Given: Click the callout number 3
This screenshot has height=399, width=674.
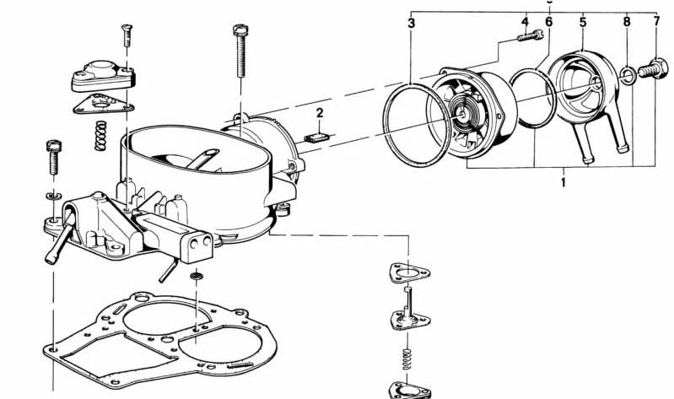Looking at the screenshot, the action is coord(412,23).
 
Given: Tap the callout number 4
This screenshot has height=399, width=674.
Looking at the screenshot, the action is coord(525,22).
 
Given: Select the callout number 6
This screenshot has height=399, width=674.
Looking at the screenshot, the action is coord(548,21).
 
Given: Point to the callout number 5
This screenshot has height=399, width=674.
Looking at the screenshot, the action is coord(583,21).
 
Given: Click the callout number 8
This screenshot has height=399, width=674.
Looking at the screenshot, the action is coord(627,21).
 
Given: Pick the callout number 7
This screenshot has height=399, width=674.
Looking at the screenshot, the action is coord(656,20).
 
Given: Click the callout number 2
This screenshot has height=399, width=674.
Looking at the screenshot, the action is coord(320,113).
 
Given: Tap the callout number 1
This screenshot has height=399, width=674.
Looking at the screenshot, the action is coord(563,182).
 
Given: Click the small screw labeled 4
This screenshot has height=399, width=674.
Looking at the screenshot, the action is coord(531,35).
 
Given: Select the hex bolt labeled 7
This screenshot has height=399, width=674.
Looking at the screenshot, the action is coord(653,68).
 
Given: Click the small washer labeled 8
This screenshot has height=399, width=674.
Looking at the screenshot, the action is coord(628,76).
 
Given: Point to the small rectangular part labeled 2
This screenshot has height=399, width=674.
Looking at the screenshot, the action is coord(317,137).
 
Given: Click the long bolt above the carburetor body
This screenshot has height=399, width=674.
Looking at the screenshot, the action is coord(240,51).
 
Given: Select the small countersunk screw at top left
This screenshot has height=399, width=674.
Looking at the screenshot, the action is coord(127,35).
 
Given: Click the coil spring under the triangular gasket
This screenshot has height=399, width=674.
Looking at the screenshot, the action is coord(100,136).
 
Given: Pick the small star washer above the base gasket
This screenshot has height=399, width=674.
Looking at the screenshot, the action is coord(197,275).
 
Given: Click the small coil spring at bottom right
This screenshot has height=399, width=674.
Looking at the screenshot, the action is coord(407,359).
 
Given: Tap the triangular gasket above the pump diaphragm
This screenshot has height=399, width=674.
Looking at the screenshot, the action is coord(409,273).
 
